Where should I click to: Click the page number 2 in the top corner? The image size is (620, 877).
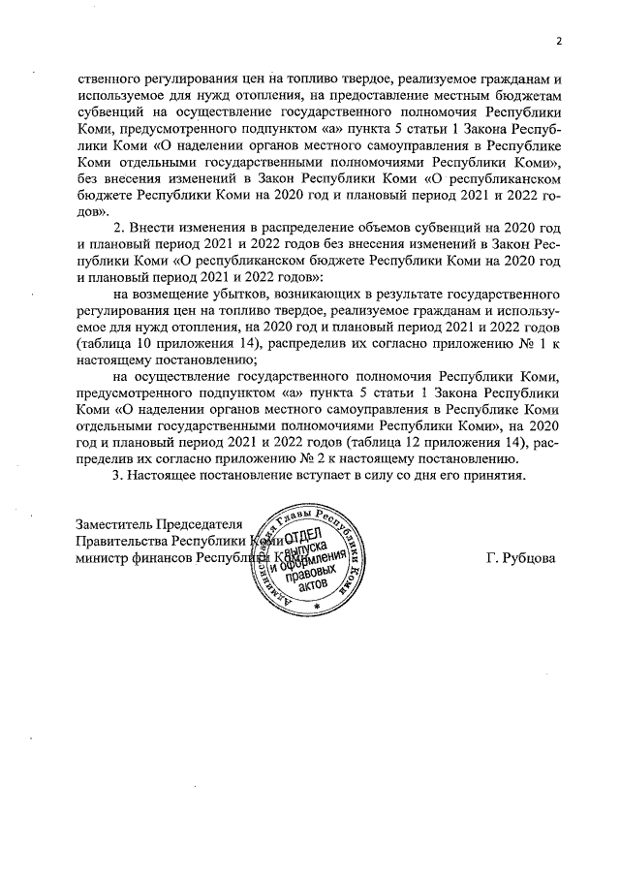(x=559, y=41)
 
